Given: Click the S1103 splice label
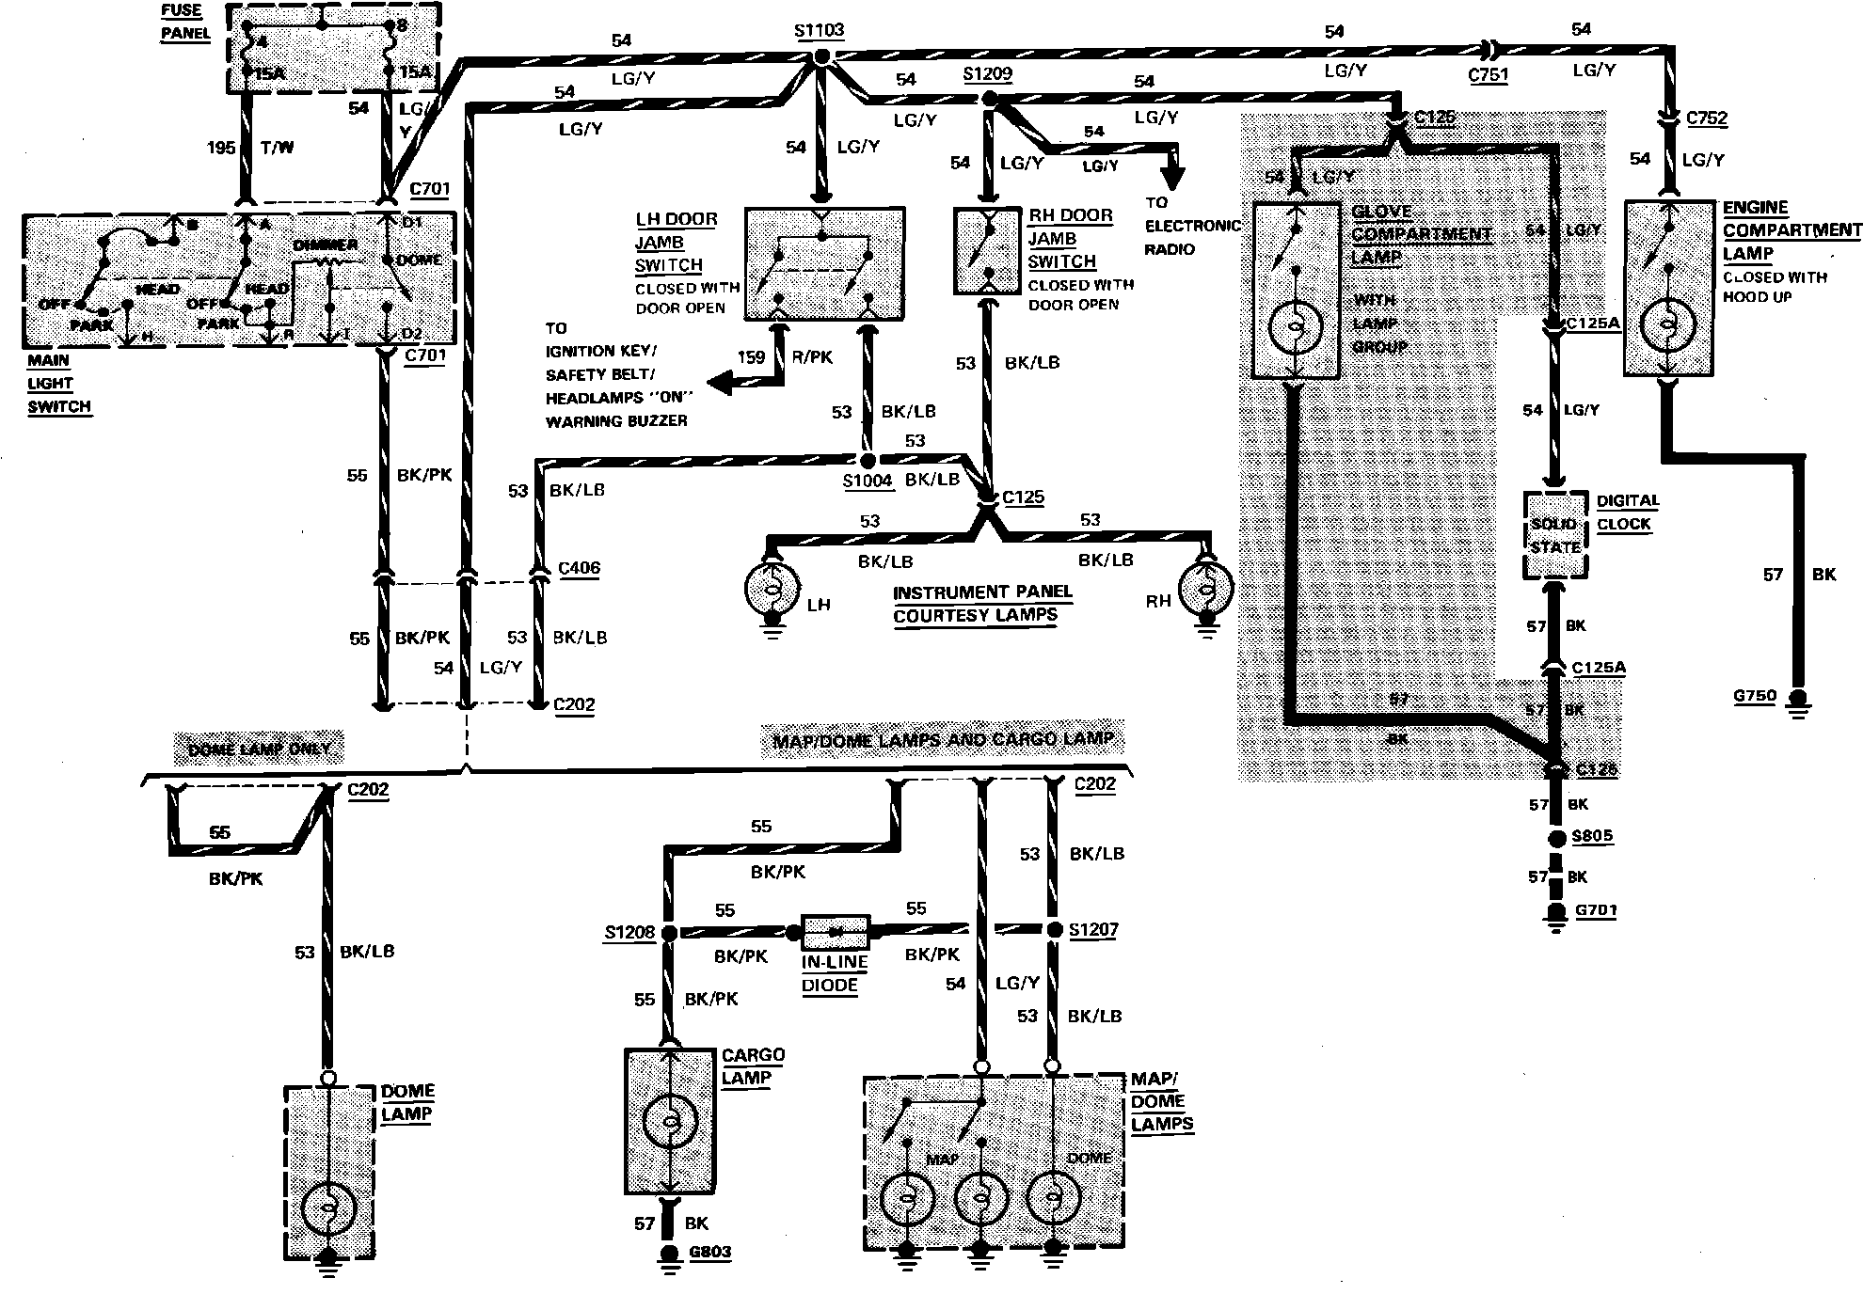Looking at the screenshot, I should tap(819, 30).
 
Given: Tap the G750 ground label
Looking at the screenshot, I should tap(1755, 696).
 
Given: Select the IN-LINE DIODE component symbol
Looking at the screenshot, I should tap(836, 931).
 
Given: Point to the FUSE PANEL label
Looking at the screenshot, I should tap(184, 22).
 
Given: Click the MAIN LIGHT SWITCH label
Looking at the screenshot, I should tap(58, 384).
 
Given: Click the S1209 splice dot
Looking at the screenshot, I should tap(988, 99).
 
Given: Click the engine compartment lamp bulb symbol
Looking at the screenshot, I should tap(1666, 325).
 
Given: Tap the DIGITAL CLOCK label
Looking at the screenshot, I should tap(1627, 513).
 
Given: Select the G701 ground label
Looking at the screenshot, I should tap(1594, 910).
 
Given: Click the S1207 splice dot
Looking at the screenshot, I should tap(1052, 930).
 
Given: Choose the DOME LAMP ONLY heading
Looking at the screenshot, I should tap(260, 749).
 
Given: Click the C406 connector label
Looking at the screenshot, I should tap(579, 568).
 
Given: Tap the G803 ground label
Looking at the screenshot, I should tap(709, 1252).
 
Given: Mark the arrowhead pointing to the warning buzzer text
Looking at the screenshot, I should tap(718, 383).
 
